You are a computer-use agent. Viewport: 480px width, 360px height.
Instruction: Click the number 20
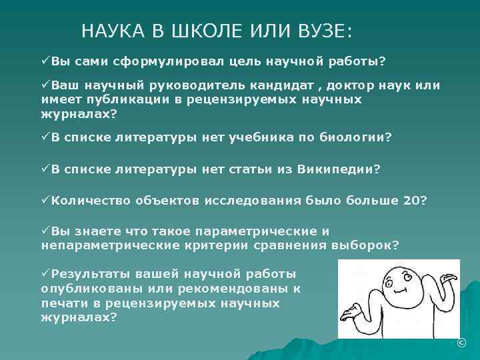click(412, 201)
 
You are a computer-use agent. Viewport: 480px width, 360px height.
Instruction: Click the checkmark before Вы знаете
click(45, 231)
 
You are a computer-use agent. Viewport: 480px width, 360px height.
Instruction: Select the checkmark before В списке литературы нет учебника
click(45, 138)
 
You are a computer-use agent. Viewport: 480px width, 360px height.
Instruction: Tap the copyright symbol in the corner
click(460, 343)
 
